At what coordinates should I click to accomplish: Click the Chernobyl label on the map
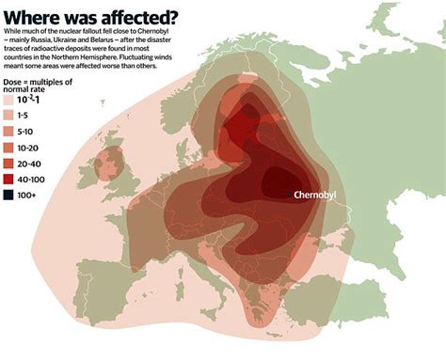point(321,195)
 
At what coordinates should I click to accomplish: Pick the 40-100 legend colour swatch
point(8,179)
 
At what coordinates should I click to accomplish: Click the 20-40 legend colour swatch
point(8,164)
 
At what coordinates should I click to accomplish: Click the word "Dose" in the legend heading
point(12,84)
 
